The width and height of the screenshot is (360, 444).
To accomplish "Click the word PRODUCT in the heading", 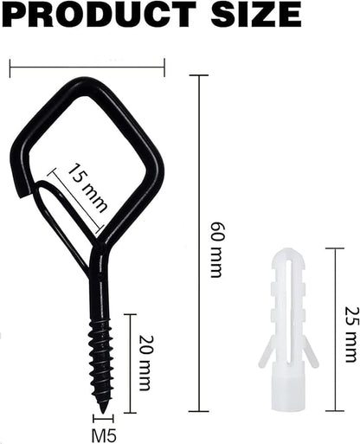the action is click(x=99, y=13).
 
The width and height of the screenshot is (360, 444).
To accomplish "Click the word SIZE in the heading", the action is click(x=256, y=13).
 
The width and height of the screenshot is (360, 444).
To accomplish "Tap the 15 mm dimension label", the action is click(x=87, y=188).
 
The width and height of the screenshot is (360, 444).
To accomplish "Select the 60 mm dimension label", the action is click(x=216, y=249).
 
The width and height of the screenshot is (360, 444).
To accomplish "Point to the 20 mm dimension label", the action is click(x=145, y=364).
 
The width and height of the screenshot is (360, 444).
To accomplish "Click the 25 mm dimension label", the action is click(x=351, y=335).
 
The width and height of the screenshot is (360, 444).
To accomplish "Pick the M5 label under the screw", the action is click(x=104, y=435).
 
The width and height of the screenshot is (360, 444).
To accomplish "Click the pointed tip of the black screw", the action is click(x=103, y=413).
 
